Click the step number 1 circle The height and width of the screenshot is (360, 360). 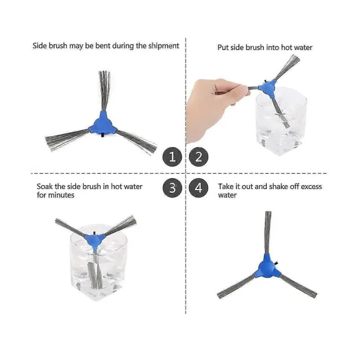point(172,156)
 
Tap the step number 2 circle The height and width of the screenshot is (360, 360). point(199,156)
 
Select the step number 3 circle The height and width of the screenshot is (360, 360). point(172,187)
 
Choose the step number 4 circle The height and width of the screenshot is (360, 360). point(199,187)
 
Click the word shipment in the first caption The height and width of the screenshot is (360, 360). point(164,46)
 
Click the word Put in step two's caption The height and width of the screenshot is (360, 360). point(223,47)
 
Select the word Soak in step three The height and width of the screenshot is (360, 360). point(44,186)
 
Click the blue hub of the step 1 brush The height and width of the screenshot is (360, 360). point(103,123)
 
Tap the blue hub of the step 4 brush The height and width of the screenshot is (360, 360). point(268,266)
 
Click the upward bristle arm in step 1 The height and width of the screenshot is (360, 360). point(104,91)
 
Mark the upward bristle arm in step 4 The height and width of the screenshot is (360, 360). point(268,232)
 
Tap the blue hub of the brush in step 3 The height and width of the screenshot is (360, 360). point(94,240)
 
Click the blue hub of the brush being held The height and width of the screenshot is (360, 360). point(267,88)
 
